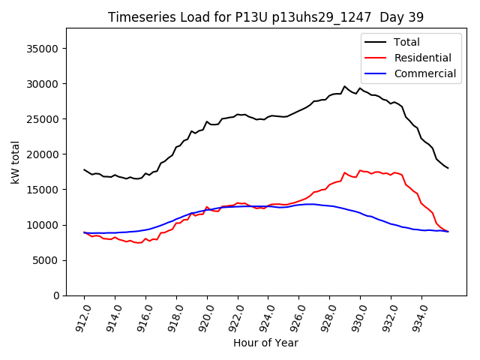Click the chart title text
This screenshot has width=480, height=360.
(x=265, y=17)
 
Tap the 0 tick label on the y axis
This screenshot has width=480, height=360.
(x=56, y=295)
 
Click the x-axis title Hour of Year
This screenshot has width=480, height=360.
(x=265, y=343)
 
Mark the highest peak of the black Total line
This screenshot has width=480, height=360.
(x=345, y=86)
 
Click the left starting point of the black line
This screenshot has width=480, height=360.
(x=84, y=169)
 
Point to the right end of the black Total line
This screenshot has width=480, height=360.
(x=448, y=168)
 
